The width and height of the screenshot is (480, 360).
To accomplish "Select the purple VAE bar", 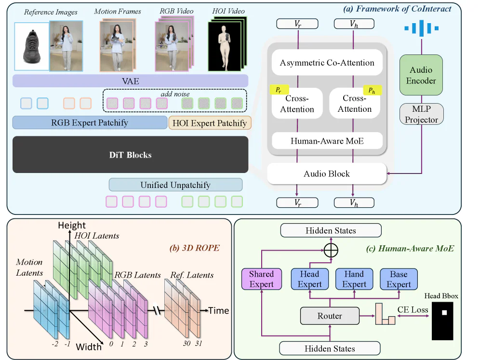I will (x=130, y=81).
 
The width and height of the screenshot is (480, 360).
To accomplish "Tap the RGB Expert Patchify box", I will (x=90, y=122).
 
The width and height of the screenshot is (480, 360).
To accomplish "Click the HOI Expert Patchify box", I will (x=210, y=123).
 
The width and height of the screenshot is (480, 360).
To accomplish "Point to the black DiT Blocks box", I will (x=130, y=155).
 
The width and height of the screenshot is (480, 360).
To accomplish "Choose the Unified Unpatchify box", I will (x=175, y=185).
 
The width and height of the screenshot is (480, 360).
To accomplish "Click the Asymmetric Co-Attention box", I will (x=327, y=63).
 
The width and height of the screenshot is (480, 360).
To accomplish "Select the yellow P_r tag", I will (x=278, y=90).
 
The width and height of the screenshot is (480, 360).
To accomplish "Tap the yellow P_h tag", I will (x=372, y=90).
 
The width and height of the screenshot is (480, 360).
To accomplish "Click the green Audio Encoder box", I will (x=421, y=76).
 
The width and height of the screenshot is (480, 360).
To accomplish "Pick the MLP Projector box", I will (x=421, y=114).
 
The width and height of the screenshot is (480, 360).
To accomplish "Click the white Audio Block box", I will (x=327, y=173).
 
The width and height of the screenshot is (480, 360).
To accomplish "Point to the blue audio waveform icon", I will (x=421, y=28).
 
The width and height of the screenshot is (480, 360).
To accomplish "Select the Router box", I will (x=330, y=316).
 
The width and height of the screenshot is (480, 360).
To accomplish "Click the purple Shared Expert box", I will (x=261, y=279).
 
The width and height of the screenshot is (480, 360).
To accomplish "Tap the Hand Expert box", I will (x=354, y=279).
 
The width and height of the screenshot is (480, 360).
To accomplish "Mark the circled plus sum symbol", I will (x=331, y=250).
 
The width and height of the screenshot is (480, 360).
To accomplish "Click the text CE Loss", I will (x=413, y=309).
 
